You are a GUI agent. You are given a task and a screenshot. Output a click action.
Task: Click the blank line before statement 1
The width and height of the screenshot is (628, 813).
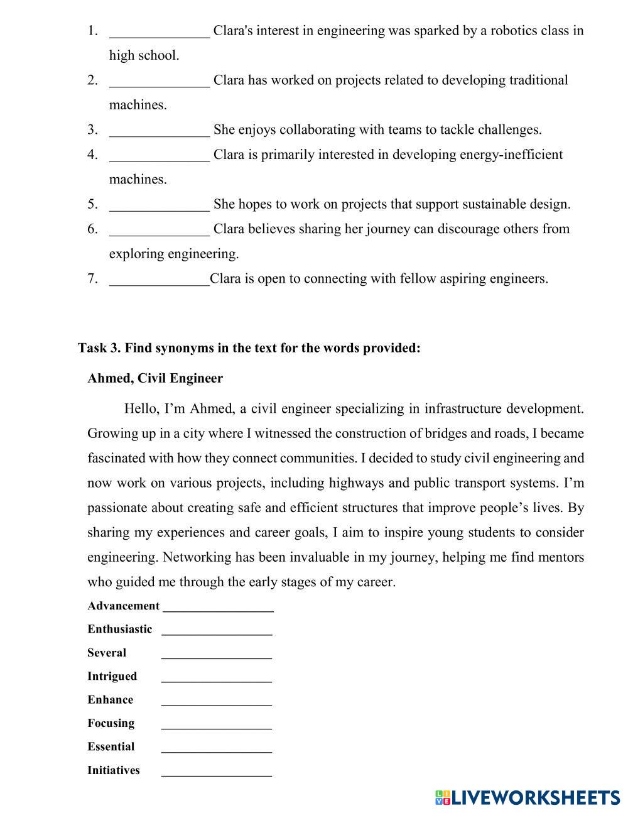pyautogui.click(x=160, y=33)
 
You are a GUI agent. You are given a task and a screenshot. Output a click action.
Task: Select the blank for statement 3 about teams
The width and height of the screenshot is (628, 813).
pyautogui.click(x=160, y=132)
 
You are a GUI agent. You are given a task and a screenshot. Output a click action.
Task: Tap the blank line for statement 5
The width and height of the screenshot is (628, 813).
pyautogui.click(x=160, y=206)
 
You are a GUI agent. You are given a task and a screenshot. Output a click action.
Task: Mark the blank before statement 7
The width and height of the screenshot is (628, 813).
pyautogui.click(x=160, y=281)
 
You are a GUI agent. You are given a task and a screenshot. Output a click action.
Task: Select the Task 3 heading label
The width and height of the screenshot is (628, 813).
pyautogui.click(x=249, y=348)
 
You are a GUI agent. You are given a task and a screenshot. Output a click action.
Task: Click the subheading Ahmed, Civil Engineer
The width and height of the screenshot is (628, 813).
pyautogui.click(x=155, y=378)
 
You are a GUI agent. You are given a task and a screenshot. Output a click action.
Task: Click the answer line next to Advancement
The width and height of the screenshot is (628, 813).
pyautogui.click(x=218, y=608)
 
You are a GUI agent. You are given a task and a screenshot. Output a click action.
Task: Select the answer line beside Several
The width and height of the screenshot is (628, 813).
pyautogui.click(x=217, y=655)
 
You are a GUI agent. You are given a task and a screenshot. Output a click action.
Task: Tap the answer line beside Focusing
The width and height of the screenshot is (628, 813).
pyautogui.click(x=217, y=725)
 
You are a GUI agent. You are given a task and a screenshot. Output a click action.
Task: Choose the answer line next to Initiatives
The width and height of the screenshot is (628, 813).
pyautogui.click(x=217, y=772)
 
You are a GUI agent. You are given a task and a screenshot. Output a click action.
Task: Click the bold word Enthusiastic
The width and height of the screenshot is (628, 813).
pyautogui.click(x=120, y=629)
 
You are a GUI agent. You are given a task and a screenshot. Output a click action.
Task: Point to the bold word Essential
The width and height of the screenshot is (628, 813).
pyautogui.click(x=111, y=746)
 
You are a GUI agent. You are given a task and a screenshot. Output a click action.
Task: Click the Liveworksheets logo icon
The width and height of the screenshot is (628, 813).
pyautogui.click(x=443, y=797)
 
